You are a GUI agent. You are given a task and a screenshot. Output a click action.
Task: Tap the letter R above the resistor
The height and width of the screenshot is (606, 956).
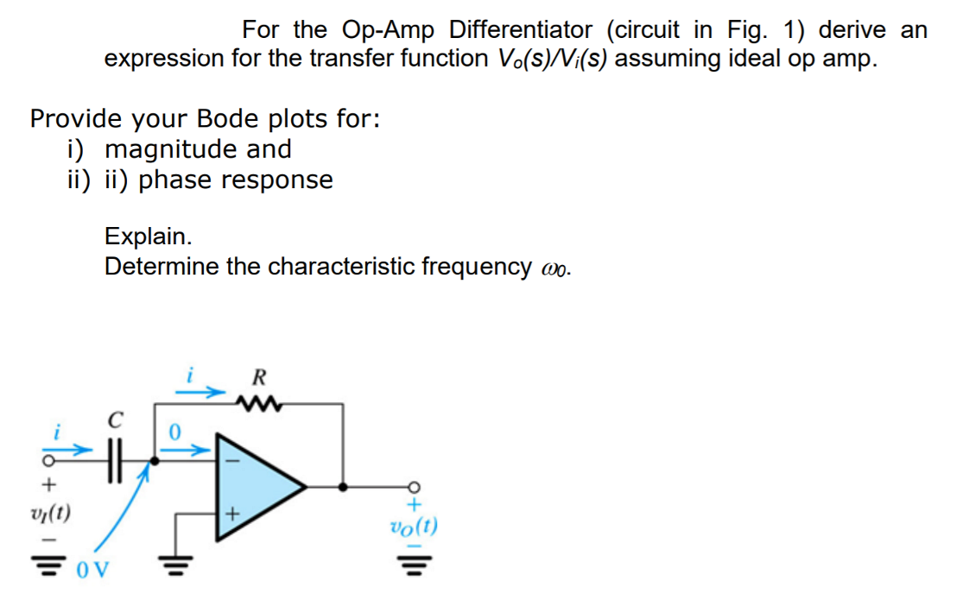pyautogui.click(x=258, y=377)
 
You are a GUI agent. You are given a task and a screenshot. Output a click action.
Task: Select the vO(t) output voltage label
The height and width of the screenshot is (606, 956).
pyautogui.click(x=414, y=526)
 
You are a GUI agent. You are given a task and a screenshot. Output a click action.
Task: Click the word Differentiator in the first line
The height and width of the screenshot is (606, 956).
pyautogui.click(x=521, y=30)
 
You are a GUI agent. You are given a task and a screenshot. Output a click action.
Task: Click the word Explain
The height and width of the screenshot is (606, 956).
pyautogui.click(x=148, y=236)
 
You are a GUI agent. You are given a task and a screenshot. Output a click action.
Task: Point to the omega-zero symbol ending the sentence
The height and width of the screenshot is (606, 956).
pyautogui.click(x=554, y=268)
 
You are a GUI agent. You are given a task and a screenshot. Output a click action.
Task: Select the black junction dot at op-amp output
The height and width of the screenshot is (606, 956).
pyautogui.click(x=344, y=487)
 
